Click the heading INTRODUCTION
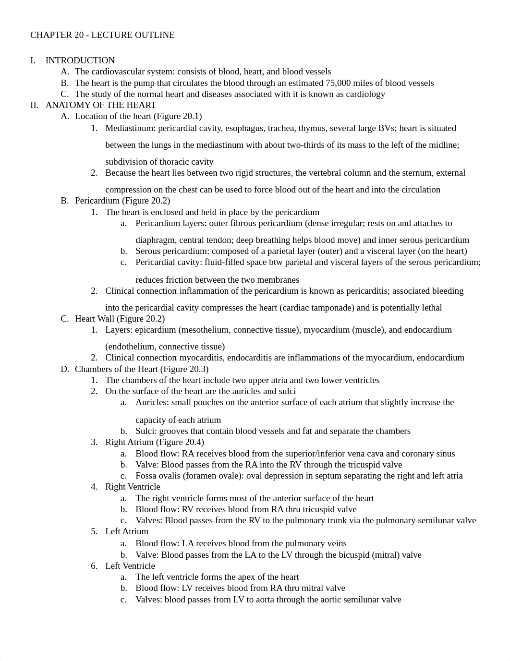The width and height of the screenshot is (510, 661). click(80, 60)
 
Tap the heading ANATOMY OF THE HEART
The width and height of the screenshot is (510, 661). click(101, 105)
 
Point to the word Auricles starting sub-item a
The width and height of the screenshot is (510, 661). click(151, 402)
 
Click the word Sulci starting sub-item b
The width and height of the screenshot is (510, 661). click(145, 431)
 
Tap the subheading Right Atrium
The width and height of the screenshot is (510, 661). click(129, 442)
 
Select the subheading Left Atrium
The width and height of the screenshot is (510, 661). click(127, 531)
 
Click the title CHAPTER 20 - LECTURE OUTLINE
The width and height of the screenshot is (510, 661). click(102, 35)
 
